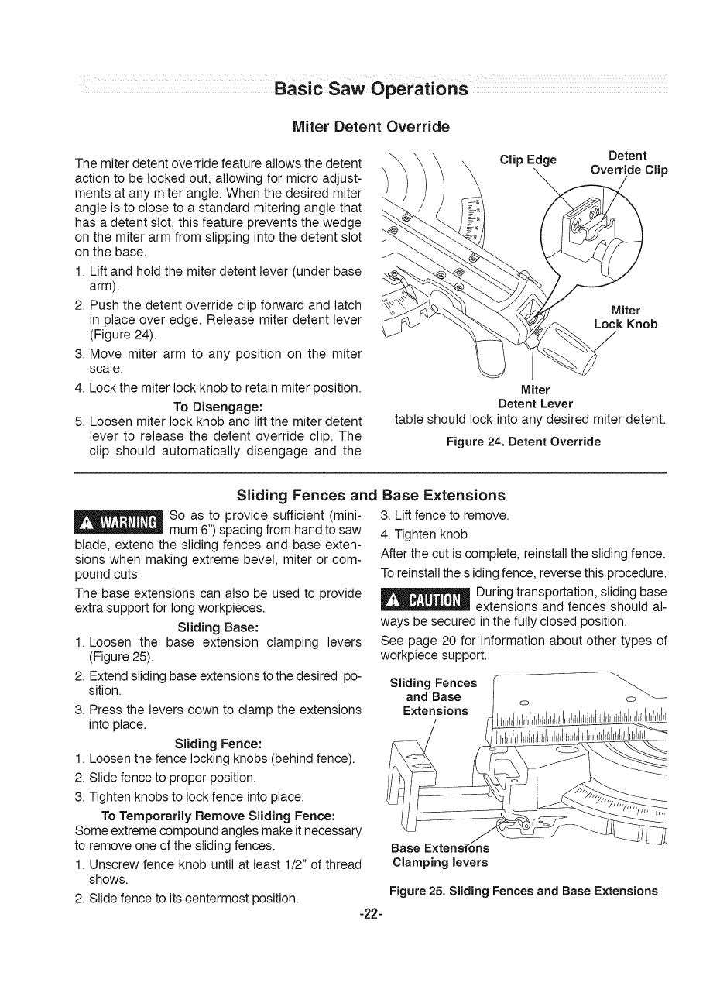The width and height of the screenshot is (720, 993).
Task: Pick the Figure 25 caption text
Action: point(524,890)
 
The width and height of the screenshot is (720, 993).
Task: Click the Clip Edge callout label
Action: point(528,160)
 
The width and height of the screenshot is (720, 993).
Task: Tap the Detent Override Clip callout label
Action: point(629,163)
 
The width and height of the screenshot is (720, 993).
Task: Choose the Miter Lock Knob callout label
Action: point(625,318)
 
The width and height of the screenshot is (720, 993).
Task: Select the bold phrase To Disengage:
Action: point(220,407)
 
